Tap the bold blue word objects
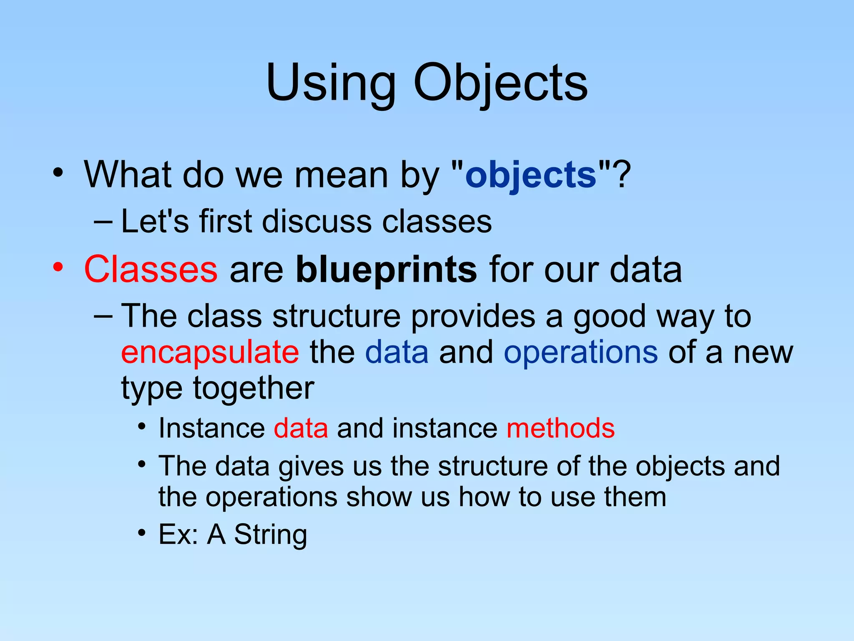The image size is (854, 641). coord(531,175)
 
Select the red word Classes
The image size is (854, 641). coord(151,270)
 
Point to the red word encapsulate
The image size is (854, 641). coord(210,352)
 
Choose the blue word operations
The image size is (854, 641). coord(580,352)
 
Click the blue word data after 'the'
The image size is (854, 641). coord(397,352)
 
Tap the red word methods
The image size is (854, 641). coord(560,429)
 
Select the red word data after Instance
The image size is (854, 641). coord(301,429)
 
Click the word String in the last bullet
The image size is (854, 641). coord(270,535)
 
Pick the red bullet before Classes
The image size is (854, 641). coord(58,267)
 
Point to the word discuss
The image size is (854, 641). coord(316,222)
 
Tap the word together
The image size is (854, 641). coord(253,389)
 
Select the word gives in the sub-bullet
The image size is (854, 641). coord(311,466)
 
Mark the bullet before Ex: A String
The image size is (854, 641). coord(142,533)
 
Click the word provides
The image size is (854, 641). coord(472,316)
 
